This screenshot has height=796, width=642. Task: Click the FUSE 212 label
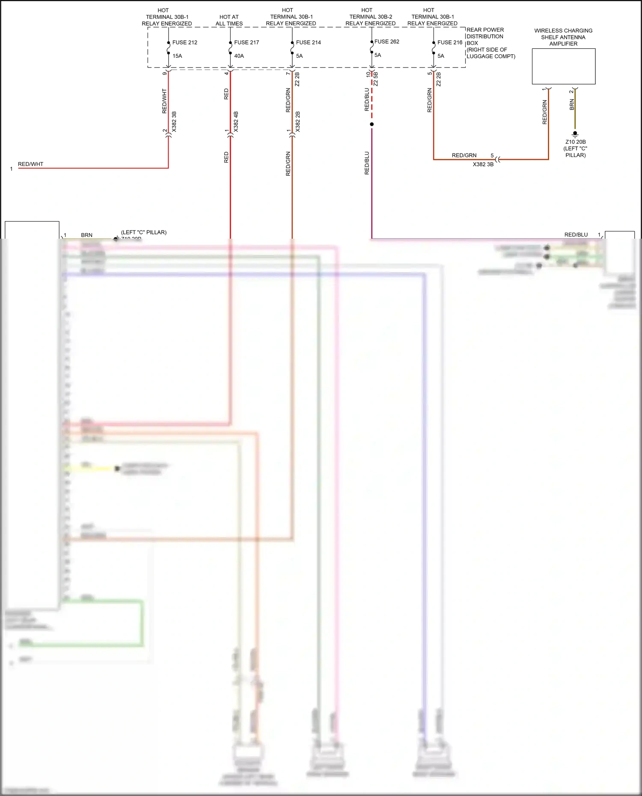(184, 42)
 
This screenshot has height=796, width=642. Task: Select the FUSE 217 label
(247, 42)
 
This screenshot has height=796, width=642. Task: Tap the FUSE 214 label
(308, 42)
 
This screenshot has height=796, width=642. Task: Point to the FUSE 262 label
(386, 41)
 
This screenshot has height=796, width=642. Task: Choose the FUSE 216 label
(450, 42)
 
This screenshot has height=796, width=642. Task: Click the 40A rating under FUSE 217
(239, 56)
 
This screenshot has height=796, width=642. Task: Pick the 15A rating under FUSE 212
(177, 56)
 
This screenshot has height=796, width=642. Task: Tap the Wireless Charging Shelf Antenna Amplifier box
(563, 66)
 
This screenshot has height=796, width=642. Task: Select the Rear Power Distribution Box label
(490, 43)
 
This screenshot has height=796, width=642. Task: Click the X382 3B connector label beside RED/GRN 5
(483, 164)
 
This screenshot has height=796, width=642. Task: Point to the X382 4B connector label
(236, 121)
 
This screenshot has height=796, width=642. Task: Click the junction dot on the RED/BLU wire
(372, 124)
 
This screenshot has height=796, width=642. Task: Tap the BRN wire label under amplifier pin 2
(572, 104)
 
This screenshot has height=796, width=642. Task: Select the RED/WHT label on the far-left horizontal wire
(30, 164)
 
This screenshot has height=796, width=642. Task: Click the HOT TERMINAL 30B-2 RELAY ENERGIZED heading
(370, 17)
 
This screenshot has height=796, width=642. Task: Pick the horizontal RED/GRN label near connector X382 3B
(464, 155)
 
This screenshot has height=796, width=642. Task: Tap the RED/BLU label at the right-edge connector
(576, 235)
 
